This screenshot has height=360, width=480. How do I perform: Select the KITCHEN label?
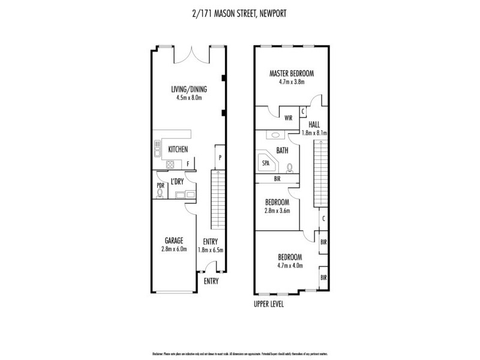tap(178, 149)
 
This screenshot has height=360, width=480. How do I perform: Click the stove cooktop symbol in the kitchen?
tap(170, 164)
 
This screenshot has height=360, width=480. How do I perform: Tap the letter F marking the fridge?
tap(188, 164)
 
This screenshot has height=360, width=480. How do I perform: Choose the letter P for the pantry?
tap(221, 158)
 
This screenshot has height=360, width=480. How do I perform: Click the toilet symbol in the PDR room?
tap(160, 193)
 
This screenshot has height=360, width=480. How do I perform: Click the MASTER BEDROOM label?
tap(291, 74)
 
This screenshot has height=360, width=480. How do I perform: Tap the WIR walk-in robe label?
tap(289, 118)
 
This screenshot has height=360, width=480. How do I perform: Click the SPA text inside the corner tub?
tap(265, 162)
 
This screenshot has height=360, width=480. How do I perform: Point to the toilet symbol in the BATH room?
tap(290, 167)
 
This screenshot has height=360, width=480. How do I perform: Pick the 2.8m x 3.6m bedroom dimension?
tap(277, 211)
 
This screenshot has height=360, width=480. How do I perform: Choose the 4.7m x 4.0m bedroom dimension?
tap(290, 265)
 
